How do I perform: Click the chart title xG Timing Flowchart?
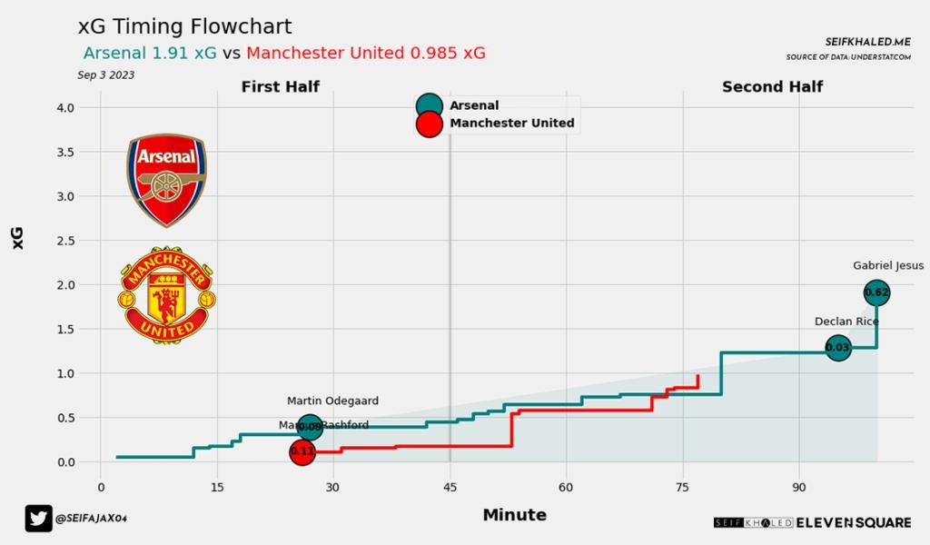click(x=185, y=26)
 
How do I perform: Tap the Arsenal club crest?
click(x=166, y=180)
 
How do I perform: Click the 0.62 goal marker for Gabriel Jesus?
click(x=876, y=292)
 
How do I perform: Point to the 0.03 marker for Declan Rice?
click(x=838, y=348)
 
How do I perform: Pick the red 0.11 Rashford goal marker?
click(x=302, y=451)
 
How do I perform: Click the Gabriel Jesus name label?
click(x=888, y=266)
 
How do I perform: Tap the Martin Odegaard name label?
click(x=332, y=401)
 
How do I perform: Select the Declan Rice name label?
click(x=846, y=322)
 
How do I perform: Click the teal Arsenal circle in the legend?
click(x=429, y=106)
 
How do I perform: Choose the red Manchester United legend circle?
click(x=429, y=124)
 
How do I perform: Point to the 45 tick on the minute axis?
click(x=450, y=487)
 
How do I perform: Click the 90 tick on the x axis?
click(x=799, y=487)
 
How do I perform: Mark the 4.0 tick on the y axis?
click(x=65, y=108)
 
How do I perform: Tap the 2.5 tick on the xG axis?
click(x=65, y=241)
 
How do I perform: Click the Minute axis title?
click(x=514, y=515)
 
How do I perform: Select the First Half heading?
click(x=280, y=87)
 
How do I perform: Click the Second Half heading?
click(x=772, y=87)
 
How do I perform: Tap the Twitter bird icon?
click(x=39, y=518)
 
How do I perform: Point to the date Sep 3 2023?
click(x=105, y=75)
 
